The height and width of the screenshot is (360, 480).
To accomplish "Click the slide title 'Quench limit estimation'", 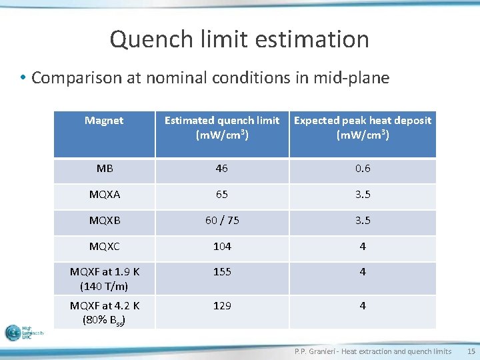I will click(x=239, y=39).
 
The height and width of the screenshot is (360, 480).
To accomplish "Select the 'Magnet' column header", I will click(x=104, y=121).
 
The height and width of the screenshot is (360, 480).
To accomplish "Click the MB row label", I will click(x=105, y=169).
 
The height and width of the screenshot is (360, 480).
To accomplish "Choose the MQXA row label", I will click(x=105, y=195).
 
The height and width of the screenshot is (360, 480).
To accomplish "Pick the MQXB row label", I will click(x=105, y=221).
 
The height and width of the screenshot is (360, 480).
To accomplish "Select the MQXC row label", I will click(x=105, y=247).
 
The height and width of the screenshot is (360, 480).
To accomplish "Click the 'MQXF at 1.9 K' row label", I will click(x=105, y=279).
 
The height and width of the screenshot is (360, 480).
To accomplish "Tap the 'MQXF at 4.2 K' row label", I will click(x=105, y=312).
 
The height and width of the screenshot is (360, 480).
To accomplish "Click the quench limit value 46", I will click(x=222, y=169).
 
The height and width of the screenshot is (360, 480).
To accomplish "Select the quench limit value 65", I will click(x=222, y=195).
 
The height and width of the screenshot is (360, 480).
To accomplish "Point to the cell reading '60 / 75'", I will click(x=222, y=221).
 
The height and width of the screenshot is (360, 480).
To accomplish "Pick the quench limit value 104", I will click(x=222, y=247).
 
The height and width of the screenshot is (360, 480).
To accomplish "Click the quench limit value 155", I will click(x=222, y=272).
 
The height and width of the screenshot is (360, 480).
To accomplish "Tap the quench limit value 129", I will click(x=222, y=305).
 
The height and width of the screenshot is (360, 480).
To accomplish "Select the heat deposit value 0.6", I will click(x=363, y=169).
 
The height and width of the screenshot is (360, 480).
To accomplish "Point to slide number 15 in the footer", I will click(x=471, y=351).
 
